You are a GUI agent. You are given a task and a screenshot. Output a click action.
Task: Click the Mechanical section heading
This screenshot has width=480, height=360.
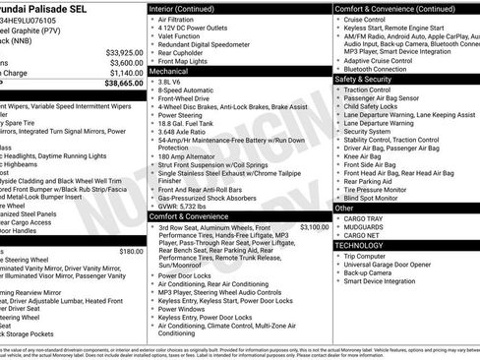click(172, 72)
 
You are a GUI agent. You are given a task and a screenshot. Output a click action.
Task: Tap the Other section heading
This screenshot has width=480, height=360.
click(345, 209)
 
